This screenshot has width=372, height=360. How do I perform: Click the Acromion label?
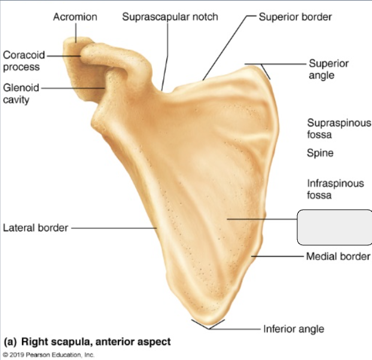click(x=75, y=17)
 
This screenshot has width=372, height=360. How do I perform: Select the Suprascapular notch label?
click(x=170, y=17)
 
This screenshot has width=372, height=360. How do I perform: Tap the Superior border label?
click(x=295, y=17)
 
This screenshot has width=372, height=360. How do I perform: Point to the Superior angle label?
click(x=328, y=69)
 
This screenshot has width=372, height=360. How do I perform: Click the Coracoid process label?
click(x=24, y=61)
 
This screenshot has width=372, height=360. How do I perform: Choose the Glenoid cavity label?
click(x=21, y=93)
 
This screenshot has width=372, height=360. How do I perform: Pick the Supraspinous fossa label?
click(x=339, y=129)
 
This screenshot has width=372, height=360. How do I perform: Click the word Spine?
click(x=320, y=152)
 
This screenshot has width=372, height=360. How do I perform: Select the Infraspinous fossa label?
click(x=336, y=189)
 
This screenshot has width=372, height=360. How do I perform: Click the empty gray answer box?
click(x=334, y=227)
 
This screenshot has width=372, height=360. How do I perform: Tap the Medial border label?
click(x=338, y=257)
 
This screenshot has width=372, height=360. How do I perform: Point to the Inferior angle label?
click(x=294, y=329)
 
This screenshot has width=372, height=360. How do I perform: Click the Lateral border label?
click(x=36, y=228)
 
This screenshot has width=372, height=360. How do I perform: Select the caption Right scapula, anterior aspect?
click(x=96, y=341)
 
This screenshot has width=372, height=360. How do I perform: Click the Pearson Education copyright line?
click(x=49, y=355)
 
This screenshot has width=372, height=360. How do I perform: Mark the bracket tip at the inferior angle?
click(x=208, y=329)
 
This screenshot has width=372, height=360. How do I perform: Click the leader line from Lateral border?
click(x=114, y=228)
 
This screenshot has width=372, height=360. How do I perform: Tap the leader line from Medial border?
click(x=278, y=257)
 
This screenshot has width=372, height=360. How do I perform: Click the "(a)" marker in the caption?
click(x=10, y=341)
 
